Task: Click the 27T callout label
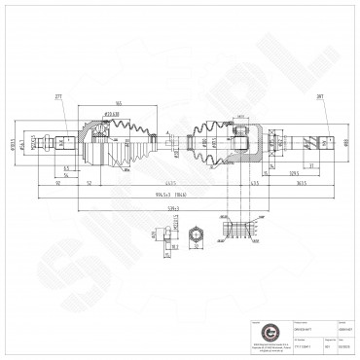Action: pyautogui.click(x=58, y=97)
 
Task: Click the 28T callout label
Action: pyautogui.click(x=319, y=97)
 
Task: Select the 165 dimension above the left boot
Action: pyautogui.click(x=117, y=103)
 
